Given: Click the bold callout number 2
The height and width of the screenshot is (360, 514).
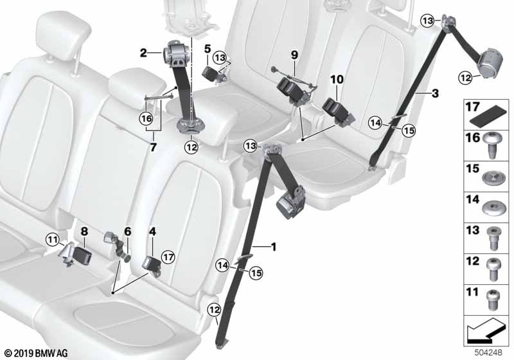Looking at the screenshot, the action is point(143,53).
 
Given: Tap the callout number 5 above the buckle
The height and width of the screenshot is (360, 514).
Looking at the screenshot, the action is point(208,50).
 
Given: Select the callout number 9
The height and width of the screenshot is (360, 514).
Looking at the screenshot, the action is point(294,55).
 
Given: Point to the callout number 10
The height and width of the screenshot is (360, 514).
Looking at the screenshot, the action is point(337,79).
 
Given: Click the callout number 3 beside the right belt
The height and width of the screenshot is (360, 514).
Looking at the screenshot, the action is point(435,93).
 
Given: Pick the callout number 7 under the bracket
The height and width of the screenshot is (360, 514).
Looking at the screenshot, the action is point(153,148).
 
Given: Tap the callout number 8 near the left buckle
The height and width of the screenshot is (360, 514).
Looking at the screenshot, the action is point(84,231).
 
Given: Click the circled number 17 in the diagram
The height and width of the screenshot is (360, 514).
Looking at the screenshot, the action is point(168,256).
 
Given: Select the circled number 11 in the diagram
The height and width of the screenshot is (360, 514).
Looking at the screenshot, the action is point(53,240).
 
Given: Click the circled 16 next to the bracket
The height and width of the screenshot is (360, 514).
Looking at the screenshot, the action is point(146,118).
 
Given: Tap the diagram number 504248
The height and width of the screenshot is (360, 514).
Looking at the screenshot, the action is point(488,352).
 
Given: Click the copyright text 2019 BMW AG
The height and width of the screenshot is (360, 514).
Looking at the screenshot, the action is point(37,353).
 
